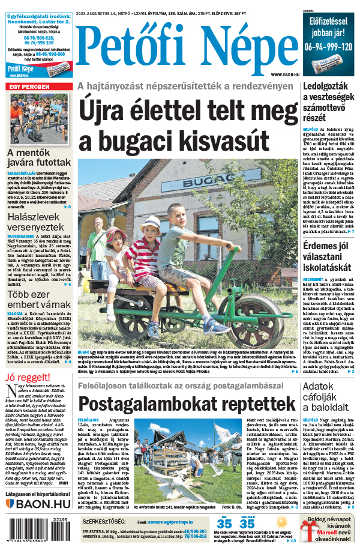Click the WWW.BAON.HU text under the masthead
coord(281,74)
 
